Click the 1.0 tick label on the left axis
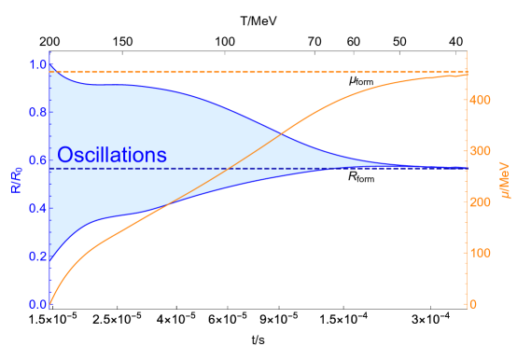[37, 64]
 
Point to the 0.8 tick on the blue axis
[37, 113]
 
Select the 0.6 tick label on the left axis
[37, 160]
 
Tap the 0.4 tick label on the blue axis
[37, 208]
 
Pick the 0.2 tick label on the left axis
[37, 256]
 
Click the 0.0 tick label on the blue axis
[37, 304]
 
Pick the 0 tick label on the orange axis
[474, 304]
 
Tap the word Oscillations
[112, 155]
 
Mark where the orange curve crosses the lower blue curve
[173, 204]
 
